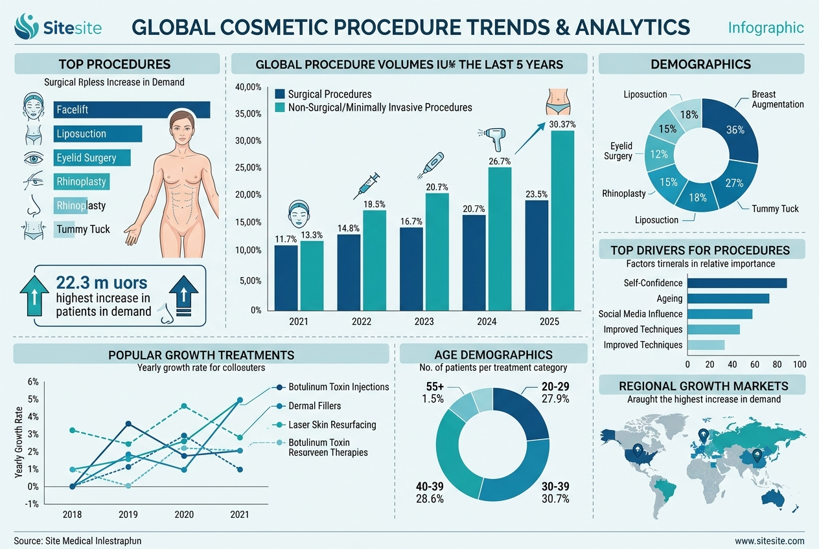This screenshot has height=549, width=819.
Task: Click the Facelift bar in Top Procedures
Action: click(132, 110)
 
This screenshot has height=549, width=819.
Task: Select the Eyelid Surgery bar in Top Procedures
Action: click(92, 158)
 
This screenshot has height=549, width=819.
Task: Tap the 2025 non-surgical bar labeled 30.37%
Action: click(562, 221)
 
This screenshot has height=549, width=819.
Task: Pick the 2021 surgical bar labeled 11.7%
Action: click(286, 278)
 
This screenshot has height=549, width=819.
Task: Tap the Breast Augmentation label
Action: click(777, 99)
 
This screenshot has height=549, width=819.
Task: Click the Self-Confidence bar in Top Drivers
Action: click(737, 283)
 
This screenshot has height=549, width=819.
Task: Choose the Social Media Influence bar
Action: click(719, 314)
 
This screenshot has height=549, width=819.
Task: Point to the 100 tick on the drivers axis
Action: click(799, 364)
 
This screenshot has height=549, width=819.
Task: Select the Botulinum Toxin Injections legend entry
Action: click(338, 387)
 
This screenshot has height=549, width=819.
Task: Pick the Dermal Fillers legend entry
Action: click(314, 406)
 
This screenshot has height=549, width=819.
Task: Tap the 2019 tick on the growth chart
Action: click(129, 514)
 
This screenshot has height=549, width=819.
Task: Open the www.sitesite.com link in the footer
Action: click(770, 541)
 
